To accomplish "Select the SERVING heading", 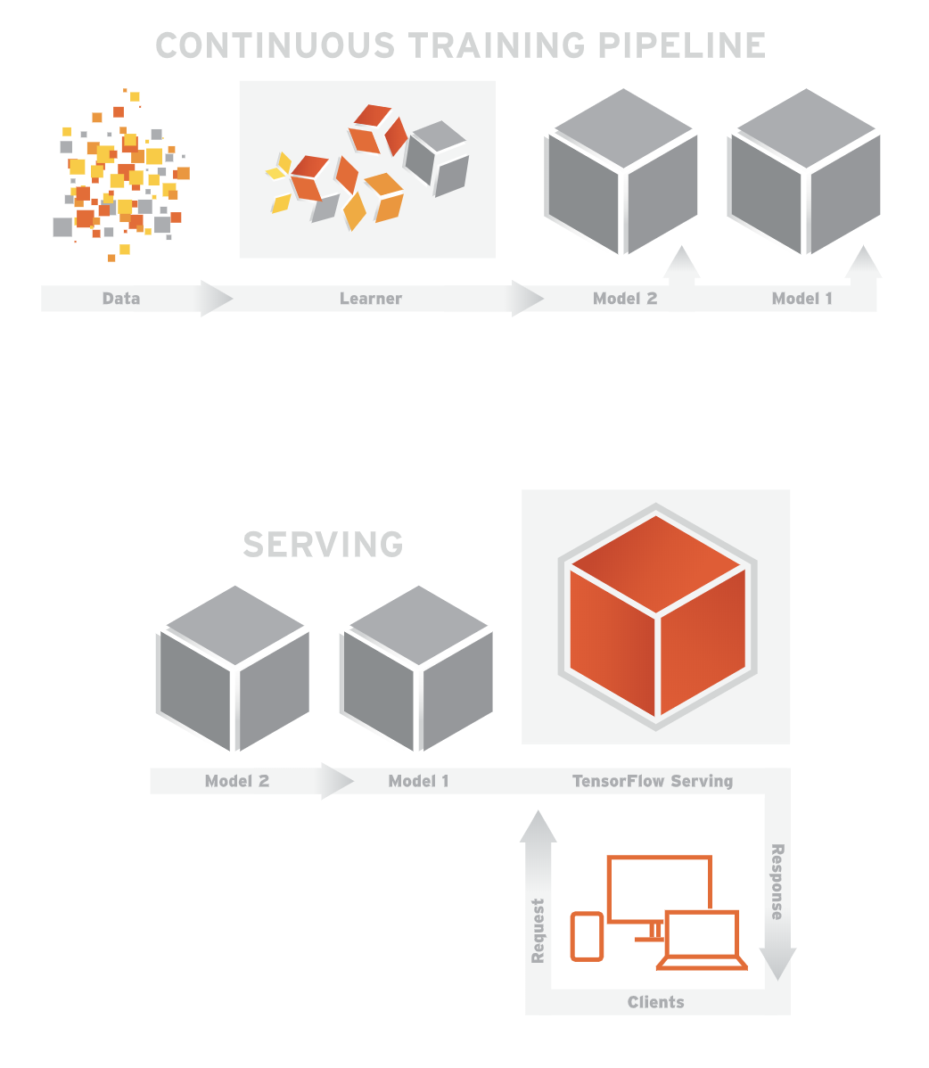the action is tap(323, 544).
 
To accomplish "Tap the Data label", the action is tap(121, 299).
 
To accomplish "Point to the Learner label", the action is tap(371, 299).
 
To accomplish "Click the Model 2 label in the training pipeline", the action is tap(625, 299).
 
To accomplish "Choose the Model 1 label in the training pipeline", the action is tap(802, 299).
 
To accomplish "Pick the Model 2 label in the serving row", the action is tap(237, 782).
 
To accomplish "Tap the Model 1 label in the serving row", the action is tap(419, 782).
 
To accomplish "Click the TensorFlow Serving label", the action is tap(653, 782).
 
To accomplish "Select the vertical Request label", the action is tap(538, 930).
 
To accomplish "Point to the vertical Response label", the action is tap(777, 882).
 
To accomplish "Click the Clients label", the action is tap(656, 1003).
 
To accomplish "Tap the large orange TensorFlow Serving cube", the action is tap(657, 615).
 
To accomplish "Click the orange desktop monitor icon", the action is tap(659, 887).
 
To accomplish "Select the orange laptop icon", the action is tap(703, 941).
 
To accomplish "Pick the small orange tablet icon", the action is tap(587, 936).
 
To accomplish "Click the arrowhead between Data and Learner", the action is tap(216, 299).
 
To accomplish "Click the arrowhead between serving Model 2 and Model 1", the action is tap(336, 782).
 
